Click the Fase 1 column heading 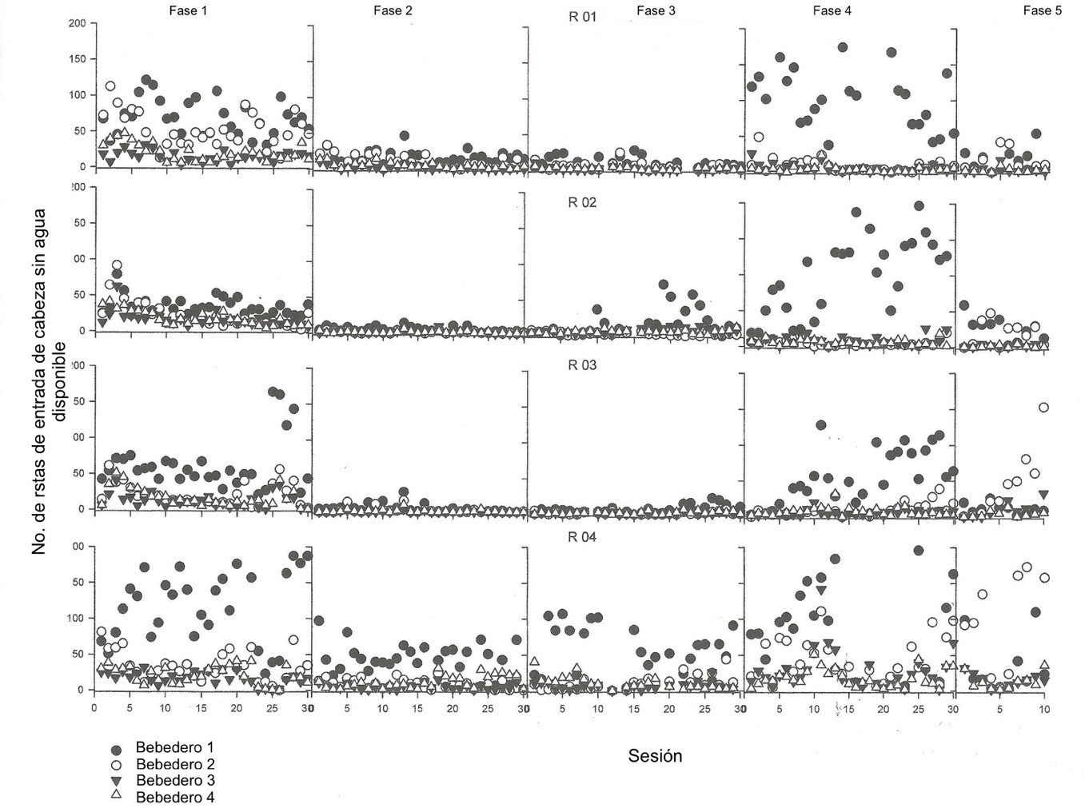[x=189, y=10]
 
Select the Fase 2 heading [x=393, y=10]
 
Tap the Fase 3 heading [x=656, y=10]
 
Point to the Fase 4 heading [x=832, y=10]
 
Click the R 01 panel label [x=582, y=17]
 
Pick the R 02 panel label [x=582, y=202]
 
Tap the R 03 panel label [x=582, y=365]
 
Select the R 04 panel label [x=582, y=537]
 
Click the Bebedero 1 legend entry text [x=174, y=748]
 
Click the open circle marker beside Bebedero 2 [x=116, y=765]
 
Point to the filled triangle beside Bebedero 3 [x=116, y=781]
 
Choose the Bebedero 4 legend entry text [x=174, y=797]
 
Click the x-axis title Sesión [x=655, y=756]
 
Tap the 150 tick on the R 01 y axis [x=77, y=59]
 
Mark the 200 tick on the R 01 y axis [x=77, y=23]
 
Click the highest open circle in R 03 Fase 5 [x=1043, y=408]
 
